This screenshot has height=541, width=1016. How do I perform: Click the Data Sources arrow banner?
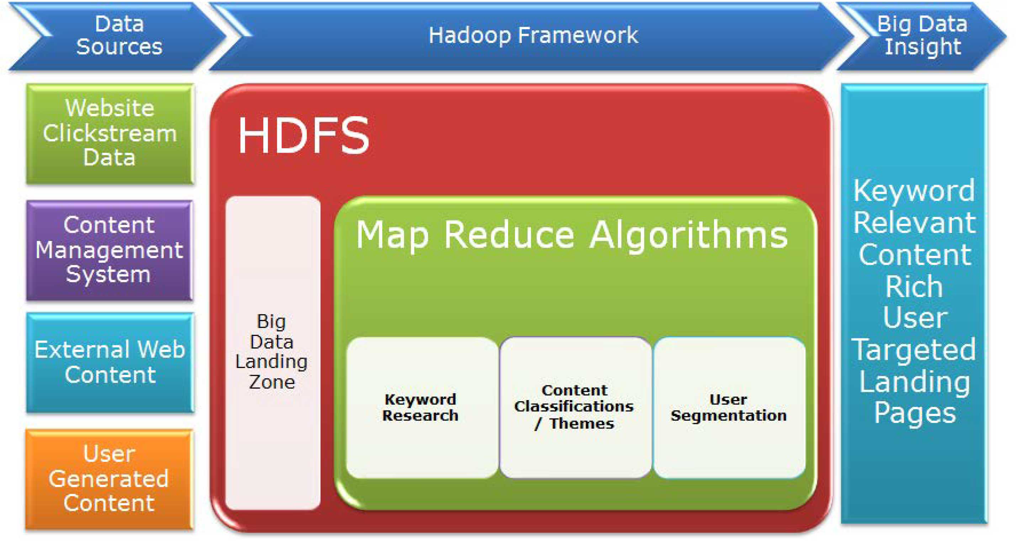coord(118,36)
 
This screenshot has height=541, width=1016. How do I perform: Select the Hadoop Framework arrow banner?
coord(533,36)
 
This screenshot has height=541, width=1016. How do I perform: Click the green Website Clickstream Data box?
coord(110,133)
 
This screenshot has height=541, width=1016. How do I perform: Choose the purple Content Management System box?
coord(109,250)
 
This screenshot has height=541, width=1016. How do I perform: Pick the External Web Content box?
coord(110,362)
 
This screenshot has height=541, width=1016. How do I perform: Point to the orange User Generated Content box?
coord(109,478)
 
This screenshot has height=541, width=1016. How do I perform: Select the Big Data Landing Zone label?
coord(272,351)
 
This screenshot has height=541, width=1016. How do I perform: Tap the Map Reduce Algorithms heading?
coord(572,235)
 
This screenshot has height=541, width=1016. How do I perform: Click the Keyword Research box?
coord(420,407)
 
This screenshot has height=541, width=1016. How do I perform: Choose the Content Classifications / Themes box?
coord(574,407)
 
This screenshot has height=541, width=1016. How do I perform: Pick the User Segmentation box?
coord(729,407)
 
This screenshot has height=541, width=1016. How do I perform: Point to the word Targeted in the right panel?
coord(914,350)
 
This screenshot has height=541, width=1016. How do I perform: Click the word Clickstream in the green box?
coord(110,133)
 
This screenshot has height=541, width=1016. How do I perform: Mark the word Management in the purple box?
coord(109,250)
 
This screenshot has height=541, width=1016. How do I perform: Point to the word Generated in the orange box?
coord(109,479)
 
